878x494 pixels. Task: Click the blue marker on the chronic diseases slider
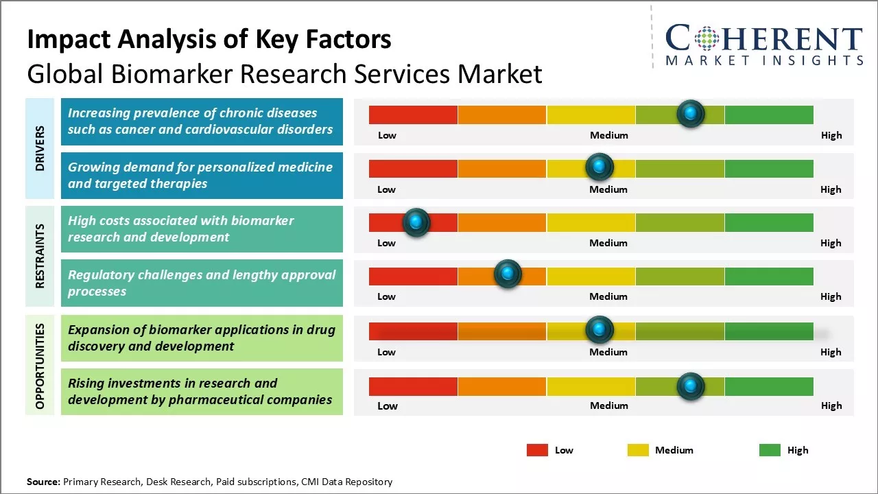pos(690,113)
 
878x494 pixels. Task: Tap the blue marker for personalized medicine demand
pos(600,167)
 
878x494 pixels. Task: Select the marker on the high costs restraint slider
pos(416,222)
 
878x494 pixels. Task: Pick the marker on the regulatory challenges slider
pos(508,274)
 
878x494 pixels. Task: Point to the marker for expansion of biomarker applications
pos(600,330)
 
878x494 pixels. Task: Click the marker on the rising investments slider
pos(690,386)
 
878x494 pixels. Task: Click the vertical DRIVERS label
pos(40,148)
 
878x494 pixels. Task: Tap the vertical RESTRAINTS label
pos(40,255)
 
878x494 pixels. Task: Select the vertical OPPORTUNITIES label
pos(40,366)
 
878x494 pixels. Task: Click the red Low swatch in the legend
pos(537,450)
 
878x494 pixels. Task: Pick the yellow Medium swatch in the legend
pos(638,450)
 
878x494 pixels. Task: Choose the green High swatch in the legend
pos(770,450)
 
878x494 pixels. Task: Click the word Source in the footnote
pos(43,482)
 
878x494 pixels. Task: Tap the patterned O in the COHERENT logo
pos(707,38)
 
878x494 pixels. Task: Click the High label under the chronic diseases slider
pos(831,135)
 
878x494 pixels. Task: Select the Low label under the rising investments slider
pos(388,405)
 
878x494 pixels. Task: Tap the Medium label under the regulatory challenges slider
pos(608,296)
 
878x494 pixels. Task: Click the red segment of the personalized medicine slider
pos(413,168)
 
